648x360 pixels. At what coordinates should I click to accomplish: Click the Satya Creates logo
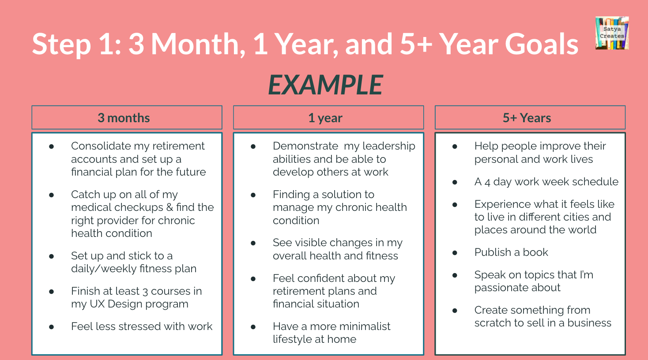click(x=612, y=33)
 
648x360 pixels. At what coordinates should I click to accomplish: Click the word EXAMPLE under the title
click(x=325, y=85)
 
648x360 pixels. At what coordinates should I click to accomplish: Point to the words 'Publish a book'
click(x=511, y=252)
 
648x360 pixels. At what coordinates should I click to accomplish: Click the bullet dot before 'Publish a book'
click(x=455, y=253)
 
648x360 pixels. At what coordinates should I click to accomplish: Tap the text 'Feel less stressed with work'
click(x=142, y=326)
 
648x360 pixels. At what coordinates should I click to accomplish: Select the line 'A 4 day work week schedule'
click(x=546, y=182)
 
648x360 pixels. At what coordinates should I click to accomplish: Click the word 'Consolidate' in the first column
click(x=101, y=146)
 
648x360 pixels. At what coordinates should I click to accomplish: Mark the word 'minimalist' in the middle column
click(x=363, y=326)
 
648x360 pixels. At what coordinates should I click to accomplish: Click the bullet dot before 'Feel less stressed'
click(x=52, y=327)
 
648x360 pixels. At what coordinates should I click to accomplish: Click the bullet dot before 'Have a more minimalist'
click(x=253, y=327)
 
